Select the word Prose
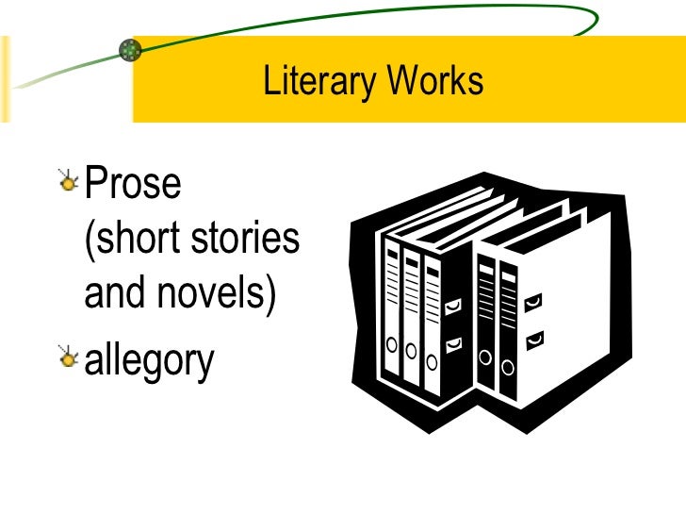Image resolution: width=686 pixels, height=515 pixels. click(x=133, y=183)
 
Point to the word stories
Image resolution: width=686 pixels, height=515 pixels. click(x=246, y=239)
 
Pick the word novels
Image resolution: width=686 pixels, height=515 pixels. click(x=219, y=296)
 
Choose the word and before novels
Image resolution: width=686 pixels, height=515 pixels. click(x=115, y=296)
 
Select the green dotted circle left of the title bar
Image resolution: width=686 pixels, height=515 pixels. click(x=131, y=50)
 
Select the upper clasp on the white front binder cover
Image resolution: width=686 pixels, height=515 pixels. click(x=534, y=303)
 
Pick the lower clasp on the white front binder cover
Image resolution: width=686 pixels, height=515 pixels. click(x=534, y=335)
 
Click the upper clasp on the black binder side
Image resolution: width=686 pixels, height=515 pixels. click(x=453, y=305)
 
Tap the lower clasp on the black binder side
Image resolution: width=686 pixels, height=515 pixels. click(x=453, y=341)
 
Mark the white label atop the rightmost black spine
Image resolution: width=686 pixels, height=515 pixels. click(x=509, y=273)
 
